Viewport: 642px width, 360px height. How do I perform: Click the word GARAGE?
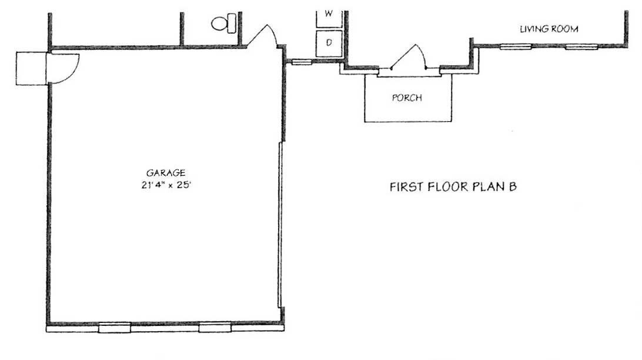pos(166,174)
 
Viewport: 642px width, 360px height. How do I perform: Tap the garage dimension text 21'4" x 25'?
pos(166,185)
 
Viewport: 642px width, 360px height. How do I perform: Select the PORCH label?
pos(407,98)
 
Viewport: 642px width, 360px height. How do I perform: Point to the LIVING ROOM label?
pos(549,29)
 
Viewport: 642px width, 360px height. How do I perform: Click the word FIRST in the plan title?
pos(406,187)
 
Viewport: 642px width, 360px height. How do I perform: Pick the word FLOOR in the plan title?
pos(448,187)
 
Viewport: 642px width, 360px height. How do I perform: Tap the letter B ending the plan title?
pos(512,187)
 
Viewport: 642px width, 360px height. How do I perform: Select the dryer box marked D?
pos(329,43)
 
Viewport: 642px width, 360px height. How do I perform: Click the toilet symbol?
pos(224,24)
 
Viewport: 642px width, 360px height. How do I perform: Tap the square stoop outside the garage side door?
pos(31,68)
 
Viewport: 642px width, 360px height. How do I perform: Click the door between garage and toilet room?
pos(262,36)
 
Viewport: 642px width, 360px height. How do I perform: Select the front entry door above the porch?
pos(409,56)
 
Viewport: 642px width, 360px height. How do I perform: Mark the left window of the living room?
pos(516,46)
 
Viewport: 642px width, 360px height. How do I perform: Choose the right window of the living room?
pos(581,46)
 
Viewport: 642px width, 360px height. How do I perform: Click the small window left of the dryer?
pos(302,62)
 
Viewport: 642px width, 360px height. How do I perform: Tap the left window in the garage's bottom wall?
pos(115,327)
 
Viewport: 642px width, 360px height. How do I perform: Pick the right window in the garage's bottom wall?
pos(215,327)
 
